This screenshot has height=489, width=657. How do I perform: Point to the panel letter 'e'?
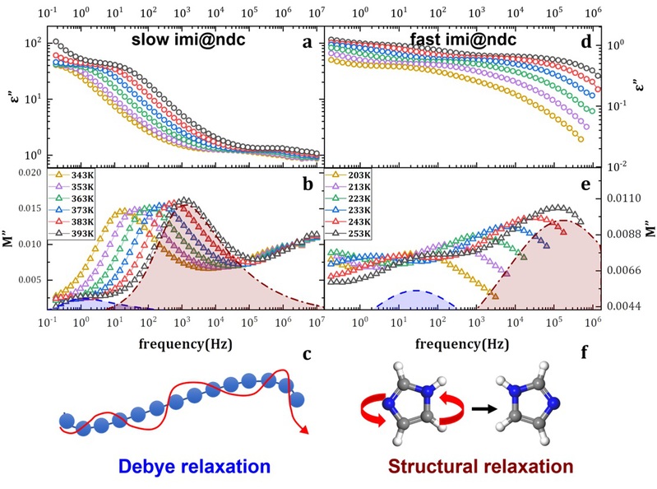pos(586,186)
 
